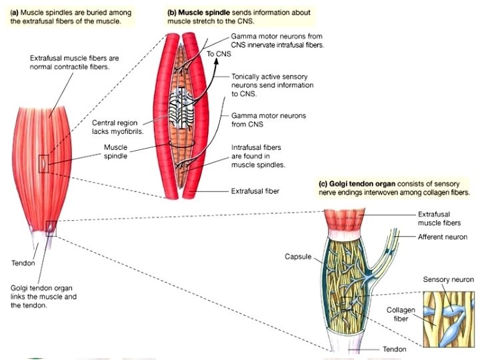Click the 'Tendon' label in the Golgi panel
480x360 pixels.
393,349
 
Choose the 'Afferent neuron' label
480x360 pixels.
442,237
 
